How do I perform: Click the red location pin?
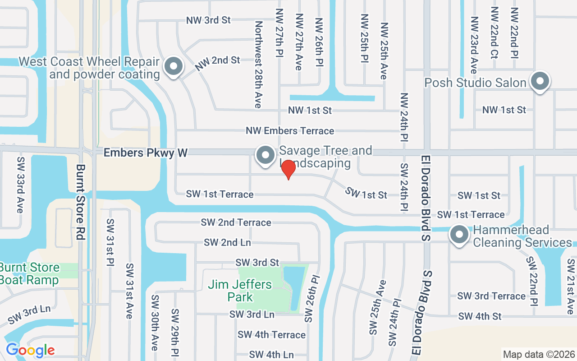pyautogui.click(x=288, y=169)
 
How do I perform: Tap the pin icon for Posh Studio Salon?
pyautogui.click(x=540, y=82)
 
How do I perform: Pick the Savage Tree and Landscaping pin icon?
pyautogui.click(x=266, y=155)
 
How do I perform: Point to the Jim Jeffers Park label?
pyautogui.click(x=240, y=291)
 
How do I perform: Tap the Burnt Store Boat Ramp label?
pyautogui.click(x=29, y=273)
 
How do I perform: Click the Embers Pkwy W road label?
pyautogui.click(x=145, y=153)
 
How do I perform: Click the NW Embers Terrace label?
pyautogui.click(x=290, y=131)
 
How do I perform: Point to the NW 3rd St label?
pyautogui.click(x=209, y=20)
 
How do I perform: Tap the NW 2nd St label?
pyautogui.click(x=217, y=63)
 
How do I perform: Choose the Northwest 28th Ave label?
pyautogui.click(x=258, y=65)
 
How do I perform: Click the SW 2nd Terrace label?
pyautogui.click(x=236, y=222)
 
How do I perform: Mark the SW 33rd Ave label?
pyautogui.click(x=20, y=185)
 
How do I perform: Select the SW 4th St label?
pyautogui.click(x=480, y=316)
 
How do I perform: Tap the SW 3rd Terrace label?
pyautogui.click(x=491, y=296)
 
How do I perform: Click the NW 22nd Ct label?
pyautogui.click(x=495, y=32)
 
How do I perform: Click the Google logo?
pyautogui.click(x=30, y=350)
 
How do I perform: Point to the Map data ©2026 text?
pyautogui.click(x=538, y=354)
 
